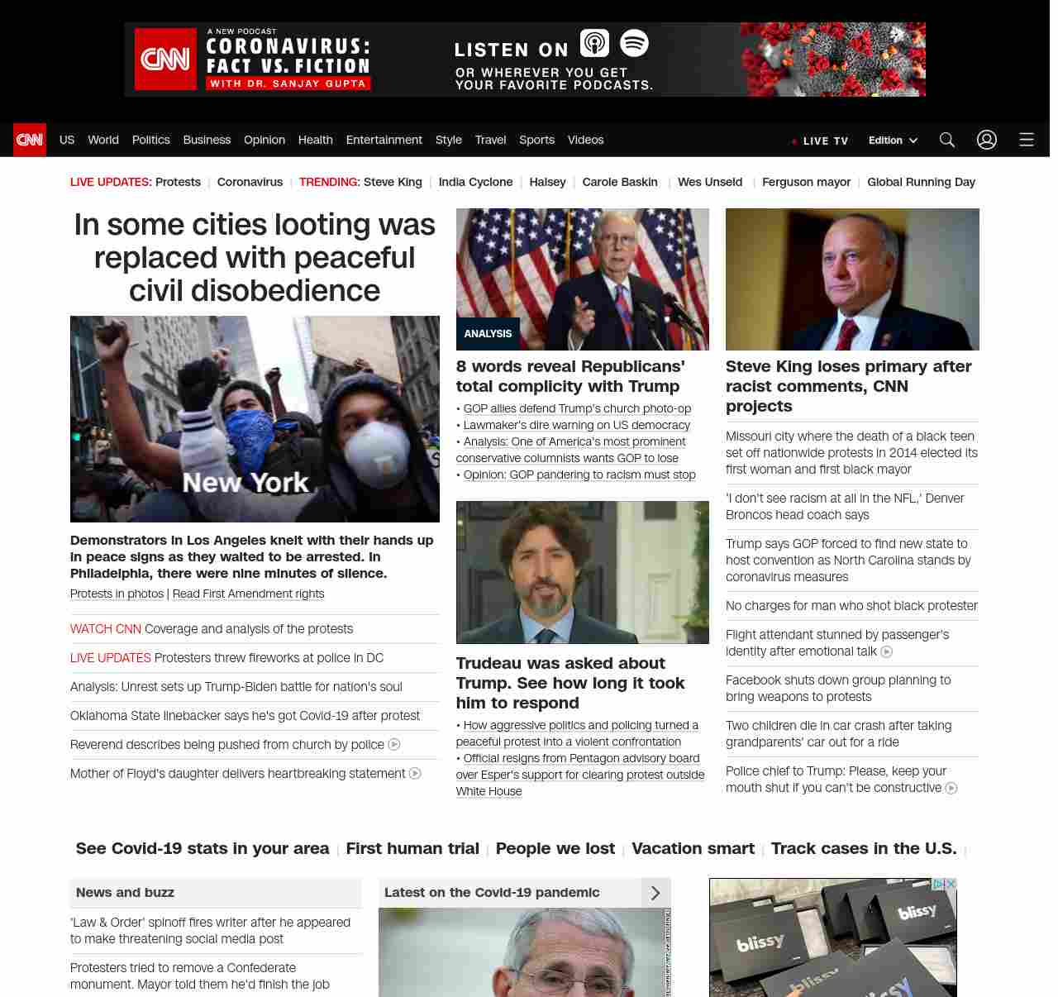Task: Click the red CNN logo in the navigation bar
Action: pyautogui.click(x=30, y=140)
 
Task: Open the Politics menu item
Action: pyautogui.click(x=150, y=140)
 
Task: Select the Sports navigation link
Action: pyautogui.click(x=536, y=140)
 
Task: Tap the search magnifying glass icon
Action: pyautogui.click(x=947, y=140)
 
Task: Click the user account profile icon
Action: pyautogui.click(x=987, y=140)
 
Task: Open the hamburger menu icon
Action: pyautogui.click(x=1027, y=140)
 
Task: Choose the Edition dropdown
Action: pyautogui.click(x=893, y=141)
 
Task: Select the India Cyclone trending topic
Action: pyautogui.click(x=475, y=182)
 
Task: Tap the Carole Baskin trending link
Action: pyautogui.click(x=620, y=182)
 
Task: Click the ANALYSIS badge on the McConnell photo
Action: pyautogui.click(x=488, y=334)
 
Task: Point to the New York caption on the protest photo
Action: pyautogui.click(x=245, y=482)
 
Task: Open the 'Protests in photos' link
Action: pyautogui.click(x=117, y=594)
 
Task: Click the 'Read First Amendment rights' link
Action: pyautogui.click(x=248, y=594)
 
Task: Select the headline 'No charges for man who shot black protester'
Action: pyautogui.click(x=851, y=606)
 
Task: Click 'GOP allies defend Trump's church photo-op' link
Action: pyautogui.click(x=577, y=408)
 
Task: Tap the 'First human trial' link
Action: pyautogui.click(x=412, y=848)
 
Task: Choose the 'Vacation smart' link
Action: pyautogui.click(x=693, y=848)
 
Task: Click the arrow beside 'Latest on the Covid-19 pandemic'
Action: pyautogui.click(x=655, y=893)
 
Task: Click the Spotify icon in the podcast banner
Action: pyautogui.click(x=634, y=43)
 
